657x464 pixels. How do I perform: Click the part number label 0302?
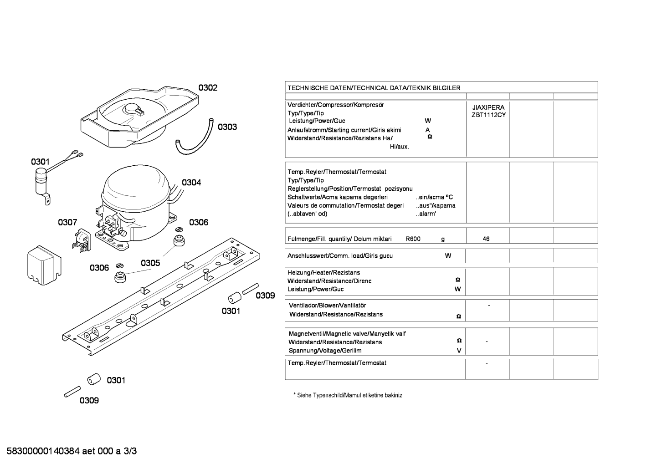pos(208,87)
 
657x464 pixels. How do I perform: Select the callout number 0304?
pos(191,183)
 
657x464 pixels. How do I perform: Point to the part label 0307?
pos(67,223)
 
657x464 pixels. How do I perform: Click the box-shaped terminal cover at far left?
pos(44,265)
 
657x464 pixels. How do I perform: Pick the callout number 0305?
pos(150,263)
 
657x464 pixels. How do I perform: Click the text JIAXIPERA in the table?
pos(488,107)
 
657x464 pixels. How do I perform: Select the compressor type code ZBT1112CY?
pos(488,115)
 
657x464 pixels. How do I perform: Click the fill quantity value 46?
pos(486,239)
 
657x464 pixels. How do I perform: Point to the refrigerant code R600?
pos(413,239)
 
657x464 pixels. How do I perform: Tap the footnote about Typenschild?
pos(348,395)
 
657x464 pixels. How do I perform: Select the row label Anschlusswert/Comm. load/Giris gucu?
pos(340,255)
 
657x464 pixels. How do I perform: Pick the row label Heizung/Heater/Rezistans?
pos(323,273)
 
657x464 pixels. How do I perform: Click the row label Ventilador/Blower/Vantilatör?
pos(327,306)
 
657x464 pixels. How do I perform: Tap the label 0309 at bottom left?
pos(89,400)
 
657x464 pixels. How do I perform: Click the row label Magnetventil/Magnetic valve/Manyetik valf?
pos(347,334)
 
